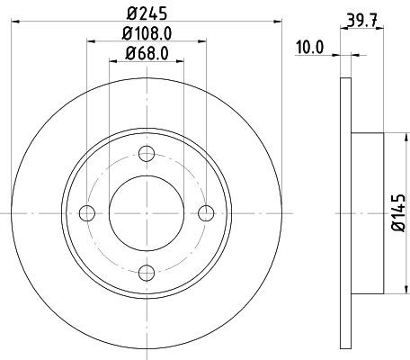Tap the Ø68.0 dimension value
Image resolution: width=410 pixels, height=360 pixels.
147,53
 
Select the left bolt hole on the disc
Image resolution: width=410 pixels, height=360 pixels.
87,212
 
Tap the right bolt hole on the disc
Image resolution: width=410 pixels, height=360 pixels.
206,212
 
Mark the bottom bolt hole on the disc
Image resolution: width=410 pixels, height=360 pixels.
147,272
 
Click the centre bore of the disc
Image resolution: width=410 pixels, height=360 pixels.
147,212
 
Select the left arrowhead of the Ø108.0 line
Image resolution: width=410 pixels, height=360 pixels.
91,41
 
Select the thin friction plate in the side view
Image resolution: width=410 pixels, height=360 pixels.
346,212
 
